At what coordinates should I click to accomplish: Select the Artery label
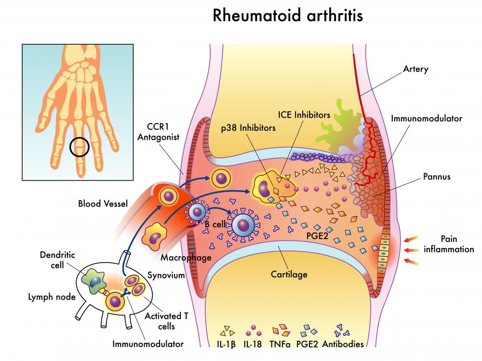tap(415, 69)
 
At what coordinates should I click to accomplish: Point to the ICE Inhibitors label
tap(304, 115)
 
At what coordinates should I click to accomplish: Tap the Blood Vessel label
tap(103, 204)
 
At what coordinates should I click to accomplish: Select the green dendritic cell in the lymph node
tap(94, 281)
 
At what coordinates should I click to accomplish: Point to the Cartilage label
tap(289, 275)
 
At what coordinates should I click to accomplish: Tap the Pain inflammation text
tap(449, 244)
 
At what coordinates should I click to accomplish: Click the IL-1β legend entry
tap(227, 344)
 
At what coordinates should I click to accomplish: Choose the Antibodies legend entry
tap(343, 344)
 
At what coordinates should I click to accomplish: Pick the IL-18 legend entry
tap(254, 344)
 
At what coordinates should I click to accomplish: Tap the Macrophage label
tap(186, 258)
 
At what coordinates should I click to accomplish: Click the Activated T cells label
tap(166, 321)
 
